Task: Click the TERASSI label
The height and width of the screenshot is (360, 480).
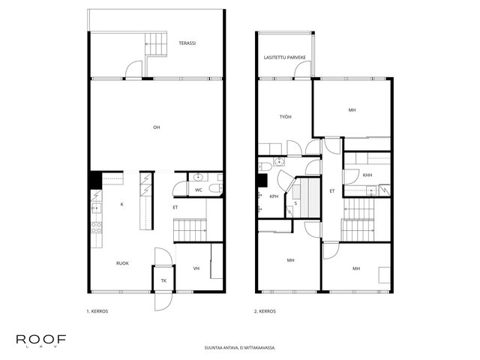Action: [x=187, y=43]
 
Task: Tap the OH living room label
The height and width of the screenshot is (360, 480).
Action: [x=157, y=127]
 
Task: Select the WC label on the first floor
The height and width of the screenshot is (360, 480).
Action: [x=198, y=190]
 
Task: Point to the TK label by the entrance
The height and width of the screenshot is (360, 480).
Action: [x=163, y=280]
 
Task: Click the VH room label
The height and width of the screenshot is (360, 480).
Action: [x=196, y=268]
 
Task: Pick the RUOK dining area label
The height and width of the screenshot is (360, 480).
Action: [x=122, y=263]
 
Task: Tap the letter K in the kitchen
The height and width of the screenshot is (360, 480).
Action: [x=121, y=205]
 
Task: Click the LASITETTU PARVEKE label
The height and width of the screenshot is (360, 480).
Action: [x=285, y=58]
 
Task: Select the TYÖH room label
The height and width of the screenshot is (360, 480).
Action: [x=285, y=117]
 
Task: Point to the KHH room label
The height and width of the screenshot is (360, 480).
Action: [x=367, y=175]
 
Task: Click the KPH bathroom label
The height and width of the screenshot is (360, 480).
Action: [x=274, y=196]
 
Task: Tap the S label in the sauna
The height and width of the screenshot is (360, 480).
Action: [x=295, y=203]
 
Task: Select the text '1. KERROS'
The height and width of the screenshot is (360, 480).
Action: [x=97, y=311]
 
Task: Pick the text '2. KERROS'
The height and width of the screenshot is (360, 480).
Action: [x=265, y=311]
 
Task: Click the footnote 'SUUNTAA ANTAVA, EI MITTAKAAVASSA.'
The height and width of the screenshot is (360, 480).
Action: [x=240, y=348]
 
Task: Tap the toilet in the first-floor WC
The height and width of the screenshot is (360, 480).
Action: [x=215, y=188]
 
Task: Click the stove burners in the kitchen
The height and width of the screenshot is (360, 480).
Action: [x=97, y=227]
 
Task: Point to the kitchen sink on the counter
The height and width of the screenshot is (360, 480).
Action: [x=96, y=208]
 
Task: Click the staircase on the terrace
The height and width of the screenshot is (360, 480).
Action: [x=156, y=44]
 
